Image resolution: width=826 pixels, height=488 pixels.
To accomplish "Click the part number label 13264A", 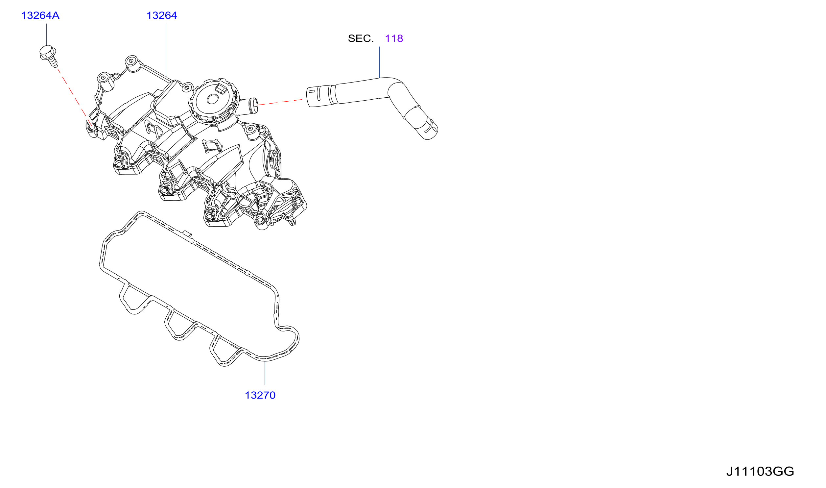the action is [x=40, y=15].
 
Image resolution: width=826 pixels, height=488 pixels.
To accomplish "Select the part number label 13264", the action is [x=162, y=15].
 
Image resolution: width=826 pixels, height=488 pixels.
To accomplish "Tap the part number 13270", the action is [x=260, y=395].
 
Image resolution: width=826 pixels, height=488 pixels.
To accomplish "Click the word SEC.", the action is [x=361, y=38].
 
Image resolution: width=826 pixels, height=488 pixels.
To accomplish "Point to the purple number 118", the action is [x=394, y=38].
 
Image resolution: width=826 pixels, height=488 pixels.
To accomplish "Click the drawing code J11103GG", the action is [x=760, y=472].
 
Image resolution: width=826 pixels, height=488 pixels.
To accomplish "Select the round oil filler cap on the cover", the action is [x=213, y=100].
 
